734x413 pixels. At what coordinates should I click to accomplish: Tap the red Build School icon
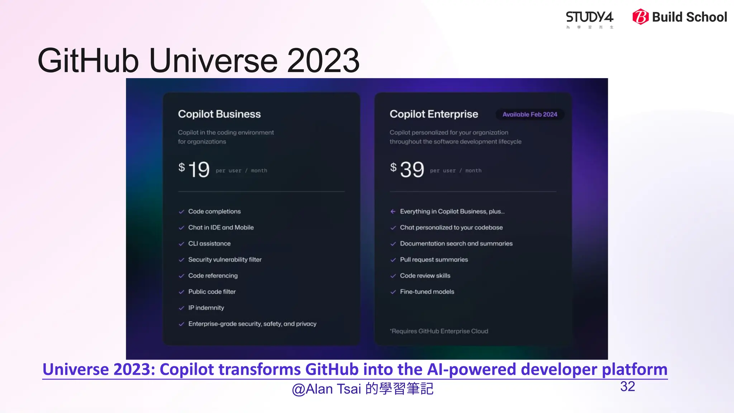(640, 17)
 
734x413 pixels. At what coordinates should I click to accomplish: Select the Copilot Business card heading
(219, 114)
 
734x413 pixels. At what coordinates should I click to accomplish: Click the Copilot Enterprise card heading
(434, 114)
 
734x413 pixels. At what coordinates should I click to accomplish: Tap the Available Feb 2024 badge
(530, 114)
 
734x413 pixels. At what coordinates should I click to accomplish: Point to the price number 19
(199, 170)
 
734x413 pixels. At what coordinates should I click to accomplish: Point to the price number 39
(412, 170)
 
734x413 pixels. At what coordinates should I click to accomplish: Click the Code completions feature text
(214, 212)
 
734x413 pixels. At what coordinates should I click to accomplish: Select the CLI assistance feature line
(209, 244)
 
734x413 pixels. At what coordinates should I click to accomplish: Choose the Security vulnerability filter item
(225, 260)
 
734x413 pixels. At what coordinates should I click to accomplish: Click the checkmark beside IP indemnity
(181, 308)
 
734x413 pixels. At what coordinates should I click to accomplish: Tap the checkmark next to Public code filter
(181, 292)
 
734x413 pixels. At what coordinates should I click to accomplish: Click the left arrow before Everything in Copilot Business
(393, 212)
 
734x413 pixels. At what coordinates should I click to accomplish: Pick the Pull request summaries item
(434, 260)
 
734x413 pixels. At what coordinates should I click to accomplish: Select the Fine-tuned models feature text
(427, 292)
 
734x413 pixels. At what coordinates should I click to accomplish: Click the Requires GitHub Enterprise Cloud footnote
(439, 331)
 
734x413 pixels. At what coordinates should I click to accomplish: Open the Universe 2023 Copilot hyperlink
(355, 370)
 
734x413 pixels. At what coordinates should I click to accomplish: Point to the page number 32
(628, 386)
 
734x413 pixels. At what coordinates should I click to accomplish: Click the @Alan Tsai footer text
(362, 389)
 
